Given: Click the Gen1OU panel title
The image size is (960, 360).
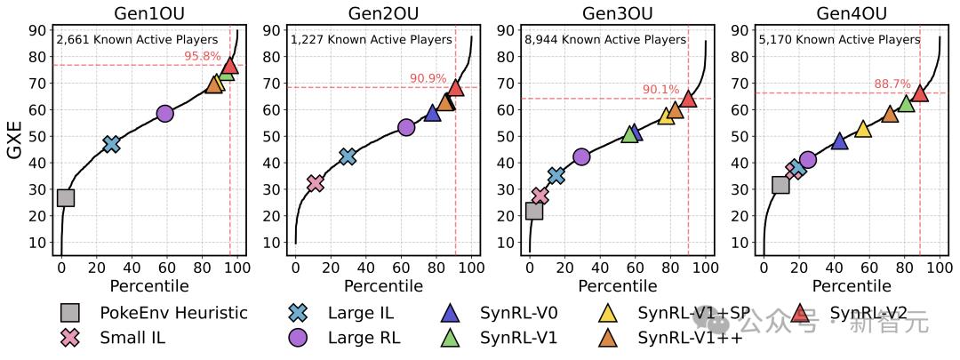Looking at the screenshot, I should click(x=148, y=13).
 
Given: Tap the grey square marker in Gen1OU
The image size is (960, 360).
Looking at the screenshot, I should click(x=65, y=197).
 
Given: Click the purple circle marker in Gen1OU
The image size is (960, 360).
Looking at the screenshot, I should click(x=164, y=113).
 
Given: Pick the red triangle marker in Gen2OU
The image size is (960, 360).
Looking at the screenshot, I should click(x=455, y=87).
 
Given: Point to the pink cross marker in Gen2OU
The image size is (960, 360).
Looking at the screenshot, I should click(x=315, y=183).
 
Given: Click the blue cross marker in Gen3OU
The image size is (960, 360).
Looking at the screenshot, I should click(x=556, y=175).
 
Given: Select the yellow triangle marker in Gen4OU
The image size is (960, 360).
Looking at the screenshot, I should click(x=862, y=129).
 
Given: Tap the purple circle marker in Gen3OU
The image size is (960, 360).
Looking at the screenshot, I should click(x=581, y=156).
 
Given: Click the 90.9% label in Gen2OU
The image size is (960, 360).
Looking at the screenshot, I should click(x=428, y=78).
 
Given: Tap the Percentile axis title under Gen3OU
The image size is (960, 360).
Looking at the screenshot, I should click(x=618, y=286).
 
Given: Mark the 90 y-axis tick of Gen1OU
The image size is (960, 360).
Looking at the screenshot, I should click(x=39, y=30).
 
